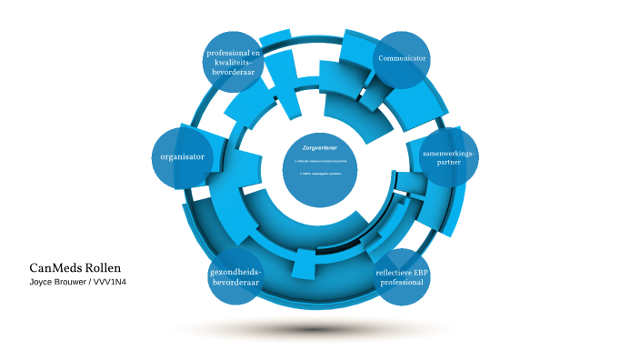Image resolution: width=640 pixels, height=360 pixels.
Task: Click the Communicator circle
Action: click(x=402, y=59)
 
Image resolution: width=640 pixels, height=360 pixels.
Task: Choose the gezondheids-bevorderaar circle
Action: click(x=235, y=277)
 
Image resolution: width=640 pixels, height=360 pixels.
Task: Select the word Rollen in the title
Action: click(x=102, y=268)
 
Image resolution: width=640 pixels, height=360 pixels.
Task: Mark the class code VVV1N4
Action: click(x=112, y=283)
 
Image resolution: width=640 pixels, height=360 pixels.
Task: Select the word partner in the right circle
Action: click(x=449, y=164)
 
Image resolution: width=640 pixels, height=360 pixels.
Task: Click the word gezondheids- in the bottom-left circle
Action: click(x=235, y=272)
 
